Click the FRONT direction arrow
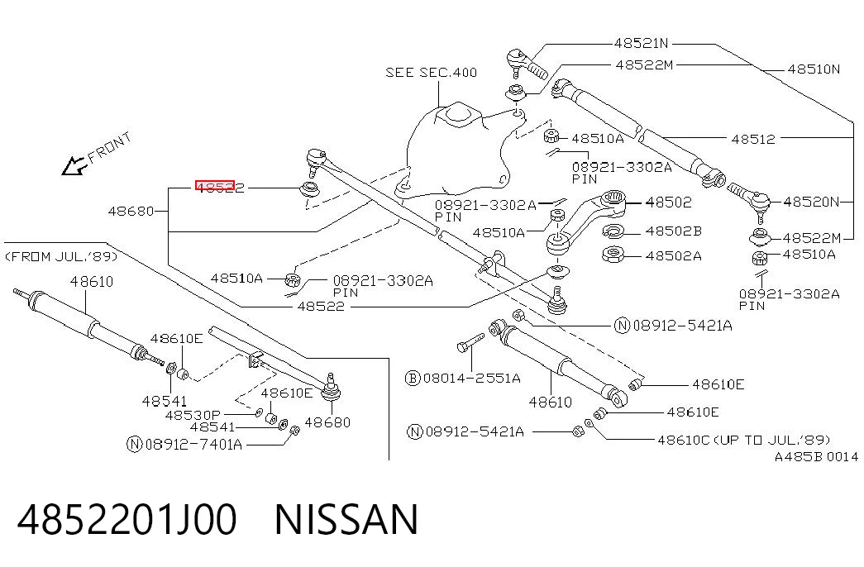coord(74,165)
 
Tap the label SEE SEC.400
coord(431,73)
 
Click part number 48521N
coord(641,43)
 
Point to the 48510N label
coord(814,69)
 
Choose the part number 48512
coord(753,139)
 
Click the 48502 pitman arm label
coord(668,202)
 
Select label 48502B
coord(673,231)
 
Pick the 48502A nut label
coord(673,255)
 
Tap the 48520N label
coord(810,202)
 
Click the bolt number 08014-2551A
coord(471,378)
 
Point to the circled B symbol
coord(413,378)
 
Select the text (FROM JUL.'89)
coord(61,257)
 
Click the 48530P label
coord(193,415)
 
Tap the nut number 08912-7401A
coord(193,444)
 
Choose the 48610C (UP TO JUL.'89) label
coord(744,440)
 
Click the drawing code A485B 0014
coord(817,457)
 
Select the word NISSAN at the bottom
coord(346,519)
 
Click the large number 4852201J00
coord(127,519)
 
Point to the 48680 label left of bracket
coord(131,211)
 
